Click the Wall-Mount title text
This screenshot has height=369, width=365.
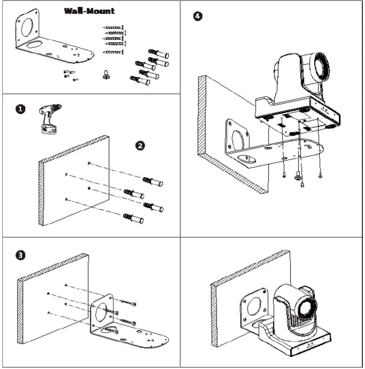(89, 11)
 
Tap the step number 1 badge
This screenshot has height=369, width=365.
(20, 109)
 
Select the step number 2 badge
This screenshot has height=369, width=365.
(140, 146)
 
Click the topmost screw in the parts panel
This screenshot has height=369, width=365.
(113, 27)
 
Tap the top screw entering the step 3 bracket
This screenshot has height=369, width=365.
(128, 303)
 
